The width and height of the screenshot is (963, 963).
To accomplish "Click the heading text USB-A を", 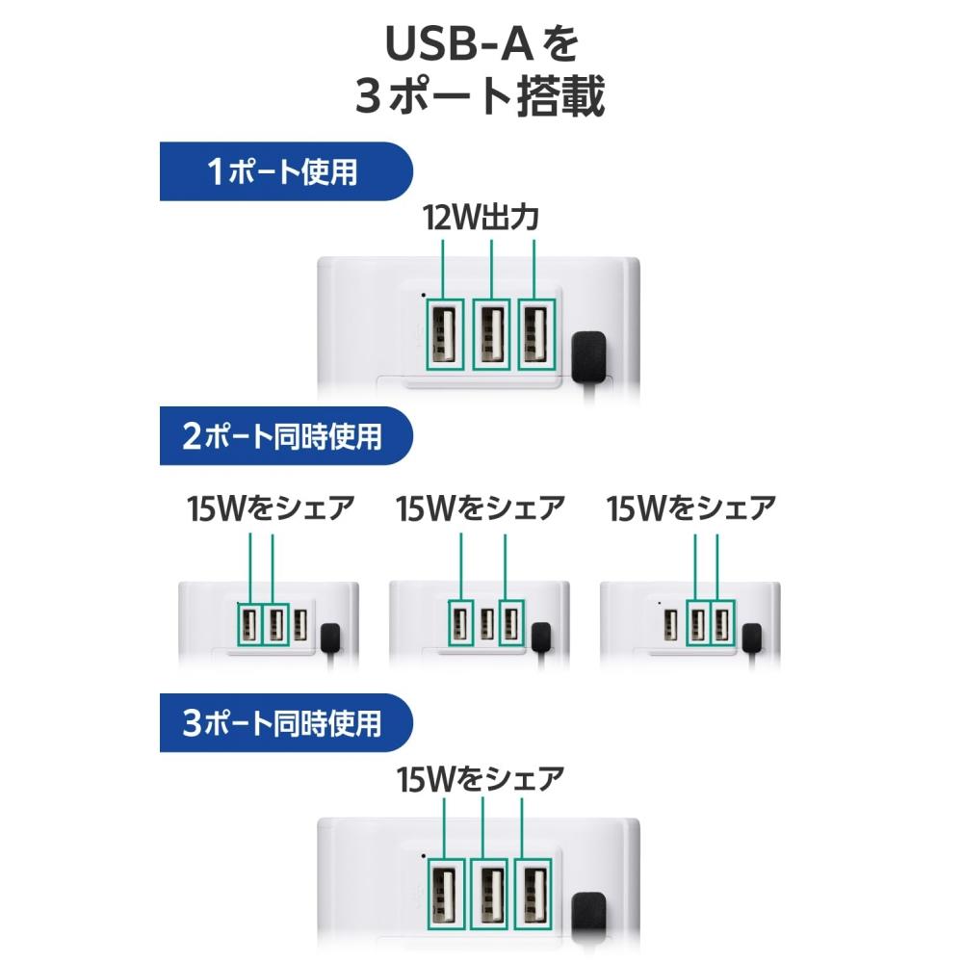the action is point(481,43).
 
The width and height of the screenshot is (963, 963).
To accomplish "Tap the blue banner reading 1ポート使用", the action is point(286,171).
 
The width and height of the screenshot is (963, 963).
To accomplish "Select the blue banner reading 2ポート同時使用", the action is point(286,435).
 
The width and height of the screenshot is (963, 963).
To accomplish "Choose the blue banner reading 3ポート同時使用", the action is point(286,723).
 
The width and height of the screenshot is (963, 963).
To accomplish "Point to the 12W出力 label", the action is point(481,218).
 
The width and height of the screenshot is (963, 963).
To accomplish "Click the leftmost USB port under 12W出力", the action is point(444,335).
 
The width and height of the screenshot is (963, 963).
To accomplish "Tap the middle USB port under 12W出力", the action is point(491,335).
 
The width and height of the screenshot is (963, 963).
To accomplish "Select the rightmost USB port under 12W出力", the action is point(536,335).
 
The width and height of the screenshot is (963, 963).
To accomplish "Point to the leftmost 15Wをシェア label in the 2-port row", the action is point(271,508).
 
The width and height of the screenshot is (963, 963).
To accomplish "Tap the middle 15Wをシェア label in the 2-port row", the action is point(481,508).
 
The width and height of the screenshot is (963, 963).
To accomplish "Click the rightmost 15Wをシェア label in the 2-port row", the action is point(690,508).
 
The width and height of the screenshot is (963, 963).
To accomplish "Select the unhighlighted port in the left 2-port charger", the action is point(300,625).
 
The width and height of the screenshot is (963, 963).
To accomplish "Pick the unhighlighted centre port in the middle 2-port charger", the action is point(487,623).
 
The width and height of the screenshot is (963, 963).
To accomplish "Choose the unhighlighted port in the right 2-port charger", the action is point(671,625).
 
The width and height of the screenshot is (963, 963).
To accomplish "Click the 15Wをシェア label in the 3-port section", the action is point(481,779).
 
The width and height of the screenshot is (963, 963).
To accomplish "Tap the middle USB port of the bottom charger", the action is point(488,894).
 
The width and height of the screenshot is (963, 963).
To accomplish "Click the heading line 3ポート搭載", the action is point(481,96).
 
